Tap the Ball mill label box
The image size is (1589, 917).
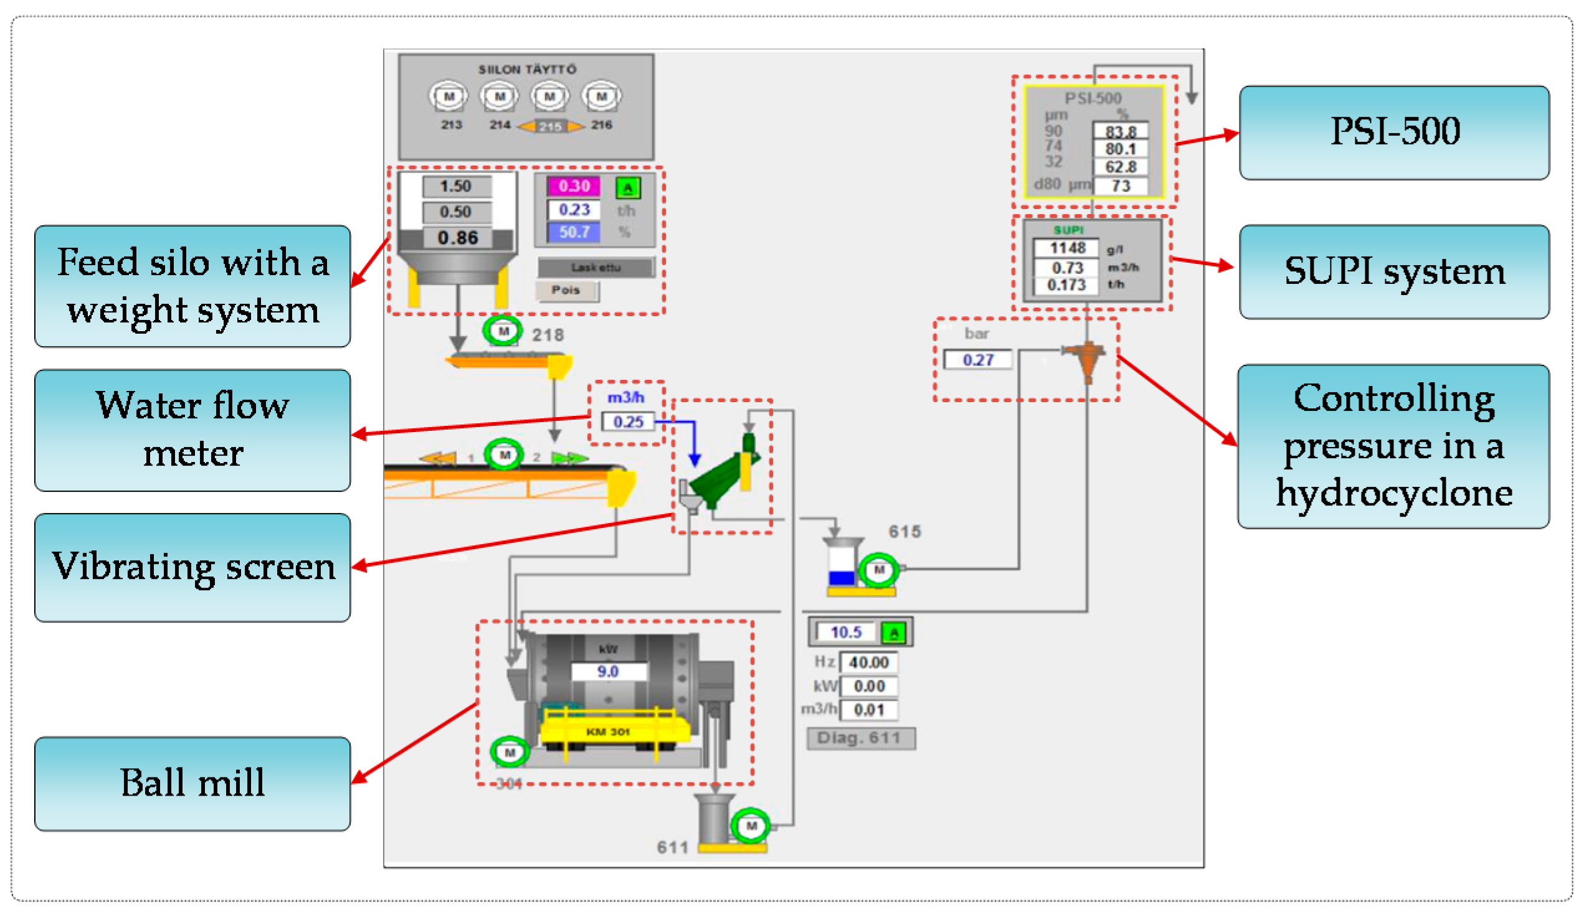click(192, 784)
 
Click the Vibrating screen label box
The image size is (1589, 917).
click(192, 567)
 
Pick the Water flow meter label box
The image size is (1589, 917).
click(192, 430)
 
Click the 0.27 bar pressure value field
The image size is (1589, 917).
click(977, 360)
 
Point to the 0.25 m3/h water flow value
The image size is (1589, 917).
click(627, 421)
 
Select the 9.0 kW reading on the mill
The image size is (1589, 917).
click(607, 671)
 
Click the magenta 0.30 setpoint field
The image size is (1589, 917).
click(572, 186)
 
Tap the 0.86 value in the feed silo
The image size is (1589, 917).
click(457, 238)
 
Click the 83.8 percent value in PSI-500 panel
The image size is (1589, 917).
click(1120, 131)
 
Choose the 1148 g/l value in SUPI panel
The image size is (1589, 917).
click(1066, 248)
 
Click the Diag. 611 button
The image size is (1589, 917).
click(860, 738)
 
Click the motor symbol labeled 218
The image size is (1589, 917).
click(503, 331)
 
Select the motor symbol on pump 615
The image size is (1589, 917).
click(878, 570)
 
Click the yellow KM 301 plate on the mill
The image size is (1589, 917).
click(608, 731)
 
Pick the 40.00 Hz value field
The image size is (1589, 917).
click(868, 662)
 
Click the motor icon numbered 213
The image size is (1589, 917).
click(448, 97)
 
